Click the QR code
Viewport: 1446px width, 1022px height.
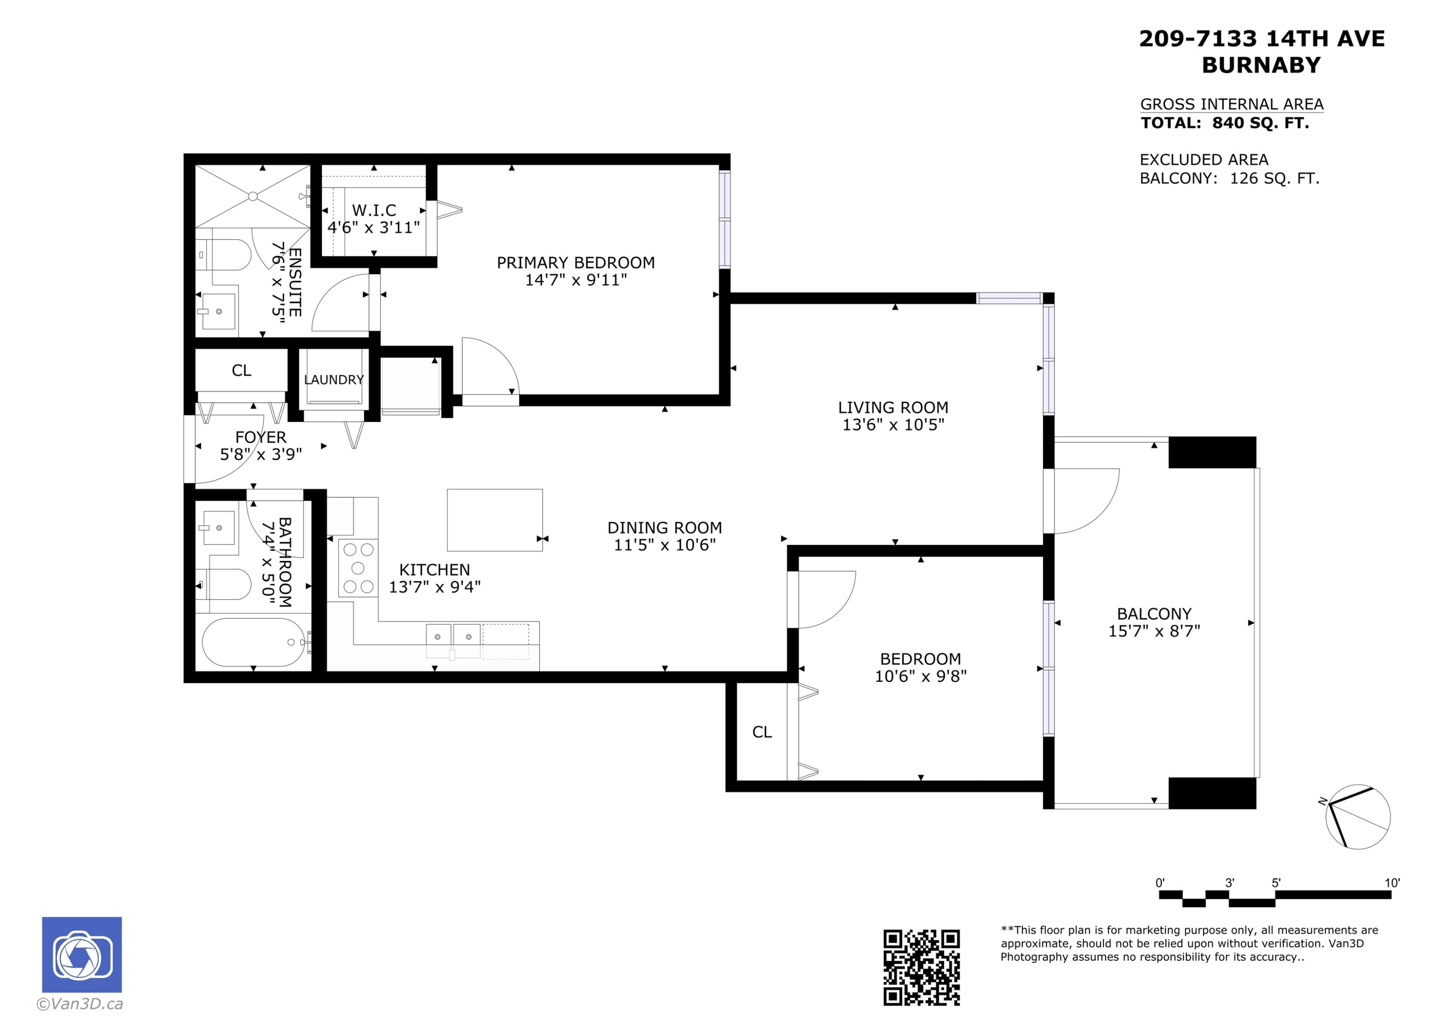tap(922, 968)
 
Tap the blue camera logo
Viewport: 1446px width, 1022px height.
tap(82, 955)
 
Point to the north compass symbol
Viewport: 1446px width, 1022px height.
tap(1358, 817)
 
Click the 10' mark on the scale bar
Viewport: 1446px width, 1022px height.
tap(1392, 883)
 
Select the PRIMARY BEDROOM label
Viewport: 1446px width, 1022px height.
tap(576, 263)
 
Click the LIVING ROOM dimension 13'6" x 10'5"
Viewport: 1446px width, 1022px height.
tap(893, 425)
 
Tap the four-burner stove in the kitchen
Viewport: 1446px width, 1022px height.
tap(358, 568)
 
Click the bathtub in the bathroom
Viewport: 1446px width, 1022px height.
tap(253, 642)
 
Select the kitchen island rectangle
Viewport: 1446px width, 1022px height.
tap(495, 520)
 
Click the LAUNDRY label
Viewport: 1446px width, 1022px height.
tap(334, 380)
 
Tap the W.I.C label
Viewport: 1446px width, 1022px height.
tap(374, 210)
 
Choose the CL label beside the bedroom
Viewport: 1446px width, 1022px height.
tap(762, 732)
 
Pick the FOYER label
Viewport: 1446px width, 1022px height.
tap(261, 437)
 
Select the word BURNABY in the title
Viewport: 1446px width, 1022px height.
tap(1261, 66)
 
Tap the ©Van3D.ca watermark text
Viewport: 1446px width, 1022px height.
tap(80, 1004)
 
